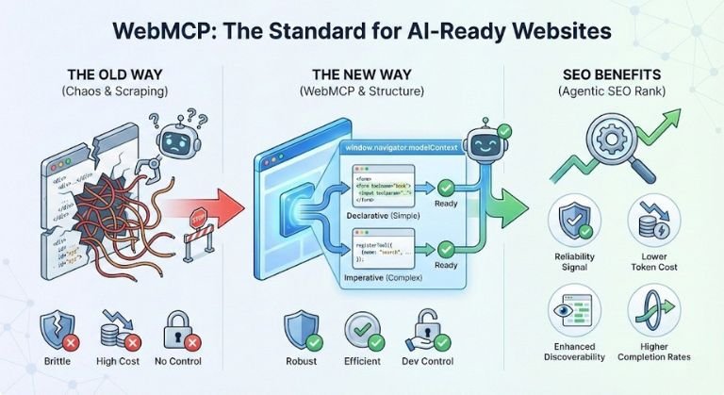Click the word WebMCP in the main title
[x=164, y=30]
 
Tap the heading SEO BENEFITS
[x=611, y=74]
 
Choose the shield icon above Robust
[x=302, y=330]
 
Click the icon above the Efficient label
[x=362, y=330]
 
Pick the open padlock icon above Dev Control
[x=422, y=330]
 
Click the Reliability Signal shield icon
[x=574, y=222]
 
